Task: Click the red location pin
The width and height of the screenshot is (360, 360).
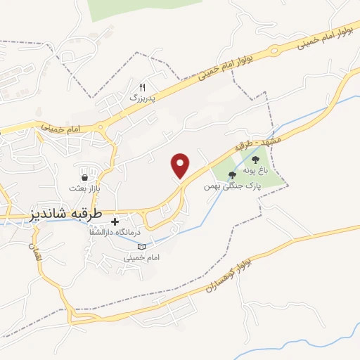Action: pos(181,165)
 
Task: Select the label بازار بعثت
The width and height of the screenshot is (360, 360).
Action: pos(85,188)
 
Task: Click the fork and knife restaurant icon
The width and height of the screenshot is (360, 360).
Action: pos(142,87)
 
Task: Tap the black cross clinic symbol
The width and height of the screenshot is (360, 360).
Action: pos(115,221)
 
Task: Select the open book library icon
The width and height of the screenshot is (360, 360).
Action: pos(143,247)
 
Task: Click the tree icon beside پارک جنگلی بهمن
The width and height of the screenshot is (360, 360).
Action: pos(232,175)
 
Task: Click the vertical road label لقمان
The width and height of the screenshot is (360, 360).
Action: pos(37,253)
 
